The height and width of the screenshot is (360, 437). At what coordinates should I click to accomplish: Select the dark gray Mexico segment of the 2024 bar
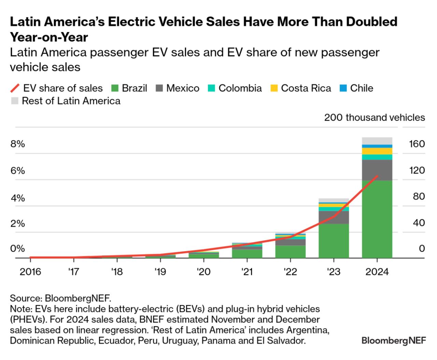click(377, 170)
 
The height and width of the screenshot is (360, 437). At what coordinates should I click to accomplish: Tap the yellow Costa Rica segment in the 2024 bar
click(377, 151)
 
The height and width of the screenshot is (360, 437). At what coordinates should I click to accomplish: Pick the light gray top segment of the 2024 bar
click(377, 141)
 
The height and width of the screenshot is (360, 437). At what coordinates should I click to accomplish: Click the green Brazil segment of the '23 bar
click(334, 241)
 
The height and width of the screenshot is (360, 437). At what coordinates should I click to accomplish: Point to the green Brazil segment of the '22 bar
click(290, 251)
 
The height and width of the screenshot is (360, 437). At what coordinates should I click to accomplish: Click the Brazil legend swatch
click(115, 88)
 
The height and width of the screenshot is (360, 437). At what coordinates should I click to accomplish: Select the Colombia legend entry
click(240, 88)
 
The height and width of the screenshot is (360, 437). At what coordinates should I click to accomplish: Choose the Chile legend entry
click(362, 88)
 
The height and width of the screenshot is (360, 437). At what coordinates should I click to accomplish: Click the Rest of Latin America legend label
click(71, 101)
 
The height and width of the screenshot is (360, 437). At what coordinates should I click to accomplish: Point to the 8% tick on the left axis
click(18, 144)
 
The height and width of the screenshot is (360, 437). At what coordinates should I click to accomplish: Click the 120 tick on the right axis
click(417, 170)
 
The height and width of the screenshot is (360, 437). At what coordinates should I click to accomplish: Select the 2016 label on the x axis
click(30, 272)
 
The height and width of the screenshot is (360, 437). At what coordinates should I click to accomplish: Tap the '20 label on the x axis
click(203, 272)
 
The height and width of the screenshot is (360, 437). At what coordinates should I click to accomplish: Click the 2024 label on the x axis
click(377, 272)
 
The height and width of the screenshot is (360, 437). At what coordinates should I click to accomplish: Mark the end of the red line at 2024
click(377, 176)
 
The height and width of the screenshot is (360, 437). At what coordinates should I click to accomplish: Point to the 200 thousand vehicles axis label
click(375, 118)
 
